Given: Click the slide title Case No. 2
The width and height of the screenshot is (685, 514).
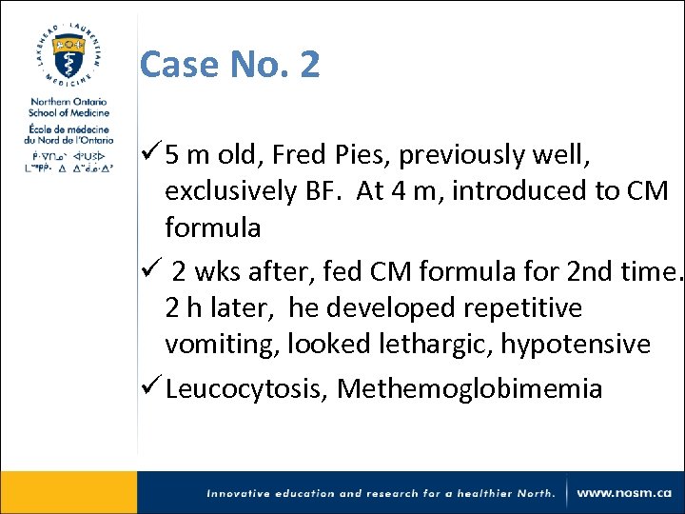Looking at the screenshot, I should tap(229, 65).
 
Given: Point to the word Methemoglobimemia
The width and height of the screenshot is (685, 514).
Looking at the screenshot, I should tap(470, 389).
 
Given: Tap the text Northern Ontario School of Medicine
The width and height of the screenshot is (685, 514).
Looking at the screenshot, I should tap(68, 107).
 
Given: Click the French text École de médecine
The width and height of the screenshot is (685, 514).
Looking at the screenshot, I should tap(68, 129).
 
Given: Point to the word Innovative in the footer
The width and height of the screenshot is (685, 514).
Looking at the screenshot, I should tap(245, 493).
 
